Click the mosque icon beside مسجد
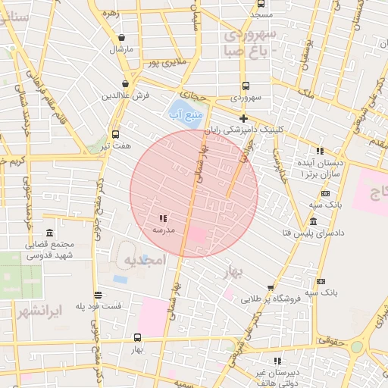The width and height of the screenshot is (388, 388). click(x=261, y=4)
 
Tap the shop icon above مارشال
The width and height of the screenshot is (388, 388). click(x=121, y=38)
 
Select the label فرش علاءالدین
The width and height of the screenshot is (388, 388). click(x=127, y=96)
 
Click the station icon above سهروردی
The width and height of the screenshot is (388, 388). click(x=246, y=86)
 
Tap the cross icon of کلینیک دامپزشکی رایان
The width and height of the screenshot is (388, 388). click(x=243, y=119)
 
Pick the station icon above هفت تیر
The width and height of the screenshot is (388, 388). click(x=116, y=134)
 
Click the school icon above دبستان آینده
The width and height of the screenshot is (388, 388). click(x=320, y=151)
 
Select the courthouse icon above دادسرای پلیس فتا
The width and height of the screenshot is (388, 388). click(x=314, y=221)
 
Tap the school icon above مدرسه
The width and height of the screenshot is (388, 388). click(x=164, y=217)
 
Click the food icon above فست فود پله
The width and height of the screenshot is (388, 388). click(x=98, y=295)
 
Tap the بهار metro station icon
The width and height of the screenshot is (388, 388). click(x=137, y=337)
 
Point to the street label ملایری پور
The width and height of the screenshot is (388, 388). click(x=167, y=64)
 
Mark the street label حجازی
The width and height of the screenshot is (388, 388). click(x=214, y=96)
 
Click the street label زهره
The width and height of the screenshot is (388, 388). click(x=111, y=13)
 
